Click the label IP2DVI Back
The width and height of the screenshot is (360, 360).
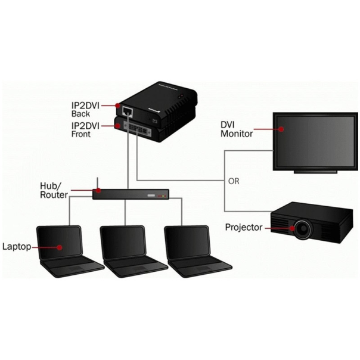[x=86, y=108]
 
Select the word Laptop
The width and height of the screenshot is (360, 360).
[x=17, y=246]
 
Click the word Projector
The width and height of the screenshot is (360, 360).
[x=244, y=227]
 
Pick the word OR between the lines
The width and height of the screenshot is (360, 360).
[x=234, y=181]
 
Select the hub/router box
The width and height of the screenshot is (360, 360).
[x=131, y=194]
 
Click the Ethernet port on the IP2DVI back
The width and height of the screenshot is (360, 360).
[x=127, y=110]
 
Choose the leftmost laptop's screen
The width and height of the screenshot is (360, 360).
[x=58, y=244]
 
